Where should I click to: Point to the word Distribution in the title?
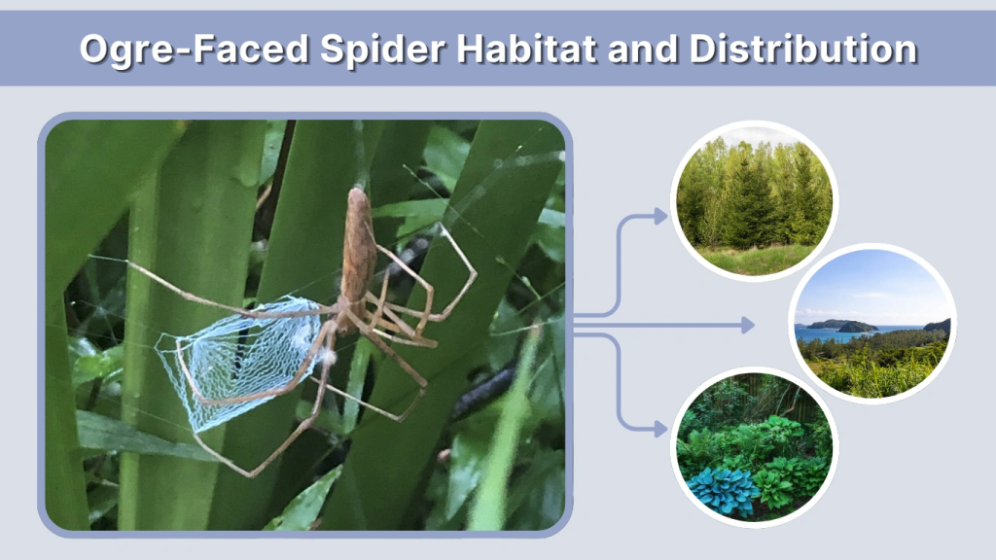click(803, 49)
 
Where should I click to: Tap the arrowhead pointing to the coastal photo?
click(748, 325)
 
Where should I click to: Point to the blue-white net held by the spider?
click(243, 360)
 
